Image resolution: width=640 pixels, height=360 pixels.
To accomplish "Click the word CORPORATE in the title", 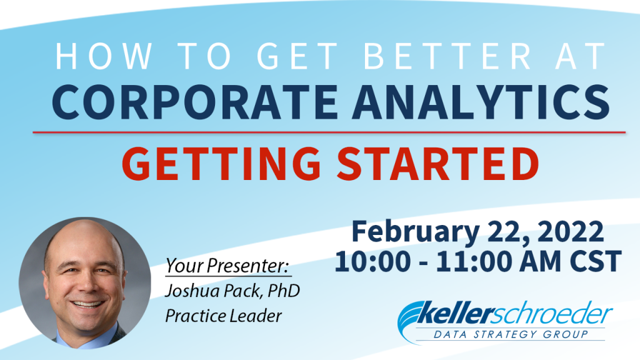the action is coord(195,102).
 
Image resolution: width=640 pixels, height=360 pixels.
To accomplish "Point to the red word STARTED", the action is coord(438,164).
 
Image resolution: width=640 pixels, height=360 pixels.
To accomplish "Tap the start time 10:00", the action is coord(372,262).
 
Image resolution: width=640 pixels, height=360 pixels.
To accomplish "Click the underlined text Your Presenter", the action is coord(227,266).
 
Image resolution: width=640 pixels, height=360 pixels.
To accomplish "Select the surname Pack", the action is coord(241,291).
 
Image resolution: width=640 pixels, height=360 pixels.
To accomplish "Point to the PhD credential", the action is coord(284,291).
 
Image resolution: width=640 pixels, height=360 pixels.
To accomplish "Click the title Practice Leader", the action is coord(224,316).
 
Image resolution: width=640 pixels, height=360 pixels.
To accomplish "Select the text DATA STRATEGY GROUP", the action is coord(511,335).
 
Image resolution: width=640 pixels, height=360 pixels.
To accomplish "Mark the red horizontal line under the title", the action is coord(329,132).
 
